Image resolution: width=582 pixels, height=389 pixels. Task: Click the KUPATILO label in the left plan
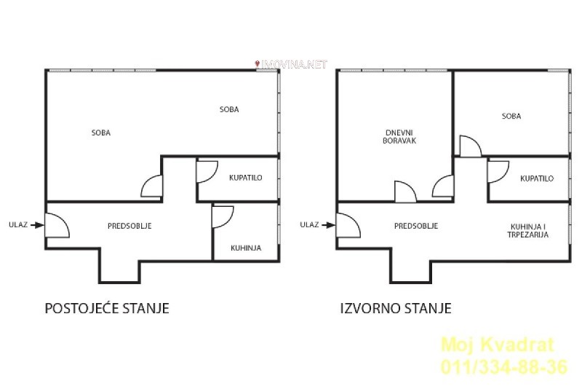click(245, 178)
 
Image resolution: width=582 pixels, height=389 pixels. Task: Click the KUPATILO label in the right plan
click(537, 178)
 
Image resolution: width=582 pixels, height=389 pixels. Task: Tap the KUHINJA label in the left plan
click(246, 248)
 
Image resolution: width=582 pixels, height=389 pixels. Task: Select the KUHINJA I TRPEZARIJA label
click(528, 231)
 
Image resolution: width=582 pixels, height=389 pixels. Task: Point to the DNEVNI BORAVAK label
click(399, 137)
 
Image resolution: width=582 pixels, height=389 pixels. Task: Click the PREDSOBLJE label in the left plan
click(129, 226)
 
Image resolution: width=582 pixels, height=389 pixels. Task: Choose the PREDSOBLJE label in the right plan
click(416, 226)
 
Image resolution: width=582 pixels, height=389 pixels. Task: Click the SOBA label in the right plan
click(511, 117)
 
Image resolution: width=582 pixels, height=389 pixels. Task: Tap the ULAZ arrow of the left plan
click(37, 225)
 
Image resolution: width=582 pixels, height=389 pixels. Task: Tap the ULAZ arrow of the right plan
click(328, 225)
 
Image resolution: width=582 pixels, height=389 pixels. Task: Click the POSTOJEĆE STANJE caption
click(107, 308)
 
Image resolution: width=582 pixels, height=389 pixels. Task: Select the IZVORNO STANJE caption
click(396, 308)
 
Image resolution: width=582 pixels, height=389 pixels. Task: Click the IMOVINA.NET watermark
click(291, 64)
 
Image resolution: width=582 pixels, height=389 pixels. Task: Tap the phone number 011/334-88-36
click(504, 366)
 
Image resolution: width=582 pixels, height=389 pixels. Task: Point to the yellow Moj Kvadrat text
click(498, 345)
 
